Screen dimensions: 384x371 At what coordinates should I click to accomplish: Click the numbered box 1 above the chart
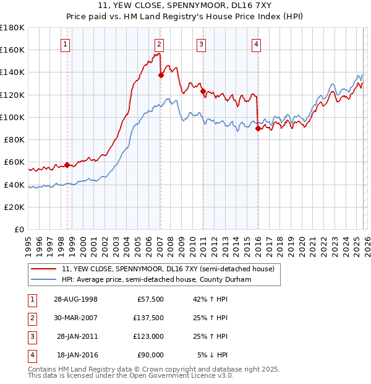coord(65,43)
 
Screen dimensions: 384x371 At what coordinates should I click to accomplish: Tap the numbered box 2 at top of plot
coord(159,43)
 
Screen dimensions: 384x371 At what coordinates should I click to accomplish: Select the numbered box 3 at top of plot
coord(202,43)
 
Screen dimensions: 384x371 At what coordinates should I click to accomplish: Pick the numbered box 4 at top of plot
coord(256,43)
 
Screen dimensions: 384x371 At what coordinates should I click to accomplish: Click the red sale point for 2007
coord(161,75)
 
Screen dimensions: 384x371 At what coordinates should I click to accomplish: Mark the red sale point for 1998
coord(67,165)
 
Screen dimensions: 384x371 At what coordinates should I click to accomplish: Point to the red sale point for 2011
coord(203,91)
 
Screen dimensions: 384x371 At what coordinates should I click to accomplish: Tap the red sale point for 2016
coord(257,128)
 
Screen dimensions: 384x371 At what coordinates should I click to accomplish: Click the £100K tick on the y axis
coord(12,117)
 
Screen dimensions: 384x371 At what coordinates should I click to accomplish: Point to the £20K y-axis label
coord(14,207)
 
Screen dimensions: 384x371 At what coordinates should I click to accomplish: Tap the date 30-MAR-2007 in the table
coord(75,318)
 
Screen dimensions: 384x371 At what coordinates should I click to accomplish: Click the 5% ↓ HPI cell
coord(213,356)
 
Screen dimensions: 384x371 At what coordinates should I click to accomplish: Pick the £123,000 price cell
coord(148,337)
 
